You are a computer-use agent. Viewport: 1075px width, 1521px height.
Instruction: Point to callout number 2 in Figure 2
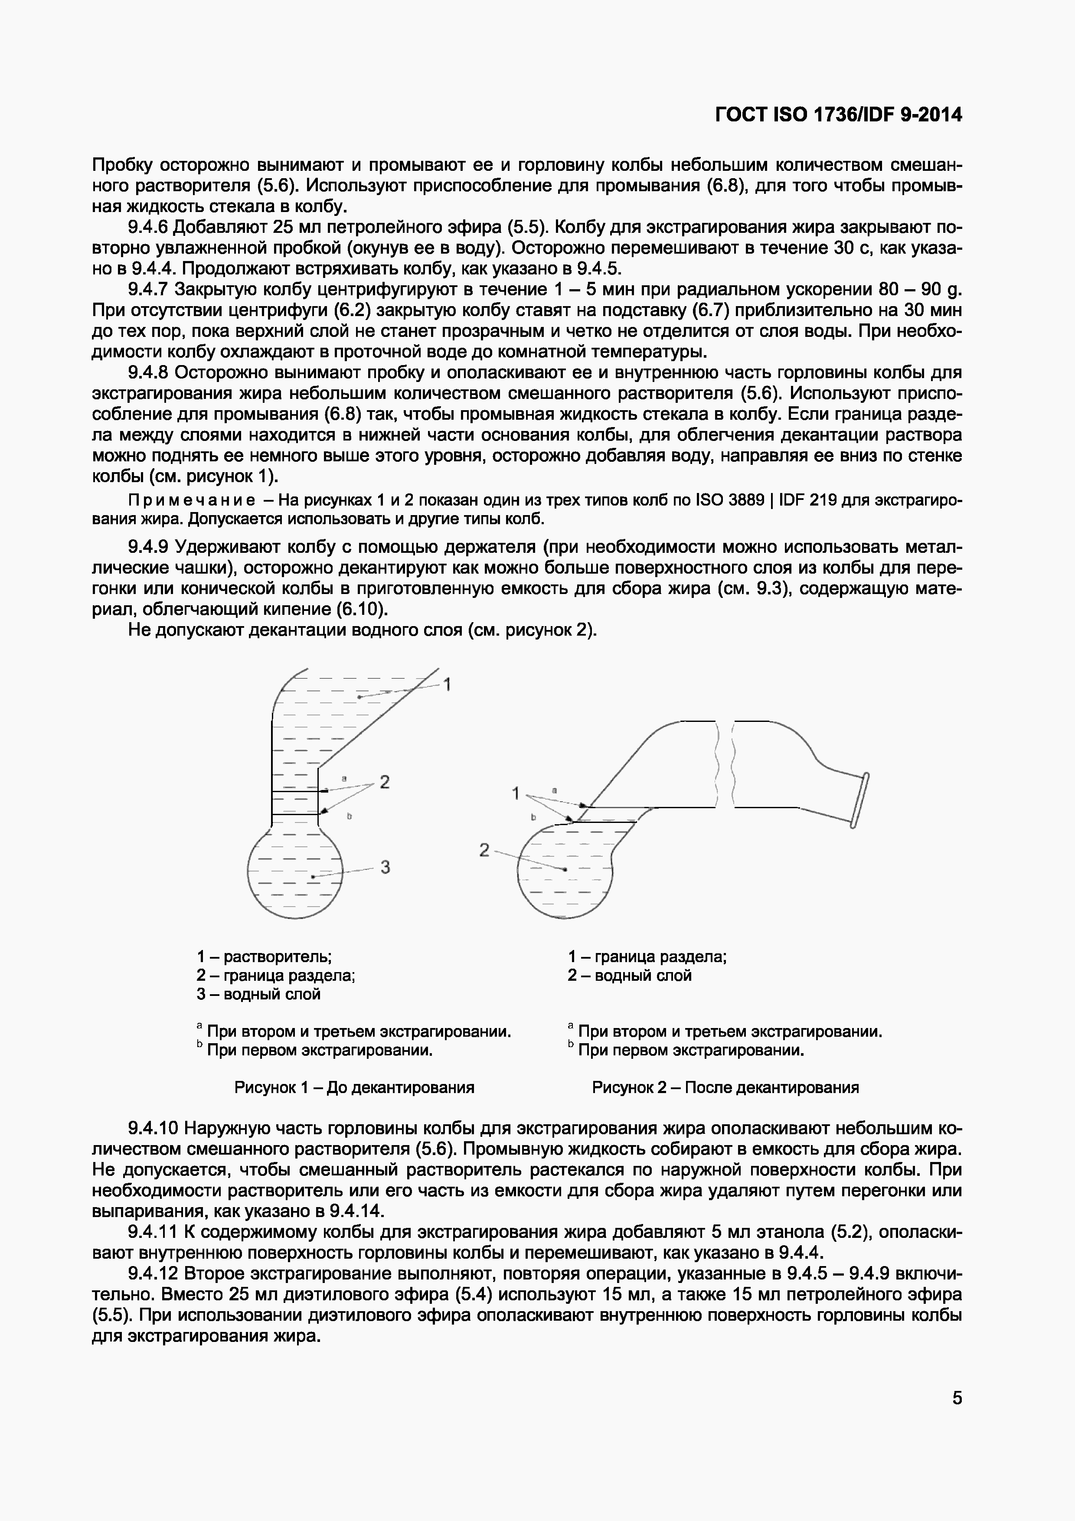484,850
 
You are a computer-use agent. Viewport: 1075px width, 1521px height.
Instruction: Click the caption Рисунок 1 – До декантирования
354,1087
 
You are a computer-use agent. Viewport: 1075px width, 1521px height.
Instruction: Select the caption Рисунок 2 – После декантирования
725,1087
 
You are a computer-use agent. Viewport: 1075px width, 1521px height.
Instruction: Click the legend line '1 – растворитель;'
264,956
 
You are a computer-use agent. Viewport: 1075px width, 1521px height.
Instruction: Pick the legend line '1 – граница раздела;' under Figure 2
647,956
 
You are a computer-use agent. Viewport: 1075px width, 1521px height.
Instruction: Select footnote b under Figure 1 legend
315,1051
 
